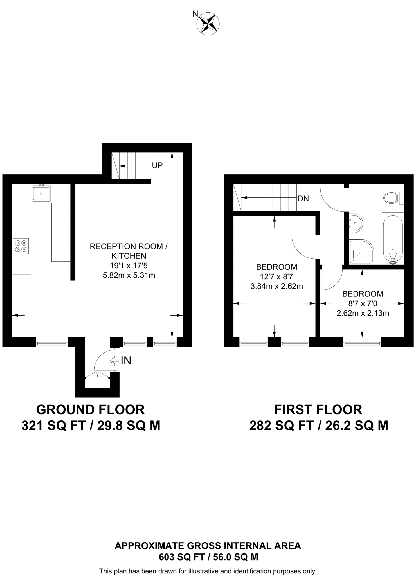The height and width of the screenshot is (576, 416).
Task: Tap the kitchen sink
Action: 41,193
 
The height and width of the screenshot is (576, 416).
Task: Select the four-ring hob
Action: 21,246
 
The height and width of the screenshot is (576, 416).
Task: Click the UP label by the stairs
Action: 157,165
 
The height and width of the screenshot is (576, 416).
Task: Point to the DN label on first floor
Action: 303,199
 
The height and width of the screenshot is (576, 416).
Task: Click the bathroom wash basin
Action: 355,223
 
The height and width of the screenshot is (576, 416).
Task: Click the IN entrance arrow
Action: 121,360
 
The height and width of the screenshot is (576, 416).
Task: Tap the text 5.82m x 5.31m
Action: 129,275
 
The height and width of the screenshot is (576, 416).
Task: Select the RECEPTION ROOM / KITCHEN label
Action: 129,251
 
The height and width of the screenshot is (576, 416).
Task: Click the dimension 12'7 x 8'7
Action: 276,277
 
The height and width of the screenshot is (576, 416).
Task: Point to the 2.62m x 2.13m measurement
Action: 363,313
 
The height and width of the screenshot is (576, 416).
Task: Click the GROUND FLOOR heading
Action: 90,410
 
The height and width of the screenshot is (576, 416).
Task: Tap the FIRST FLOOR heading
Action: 318,410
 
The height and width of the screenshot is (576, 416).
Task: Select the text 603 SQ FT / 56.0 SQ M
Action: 208,557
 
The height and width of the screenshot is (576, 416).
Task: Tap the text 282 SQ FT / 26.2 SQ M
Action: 319,426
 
